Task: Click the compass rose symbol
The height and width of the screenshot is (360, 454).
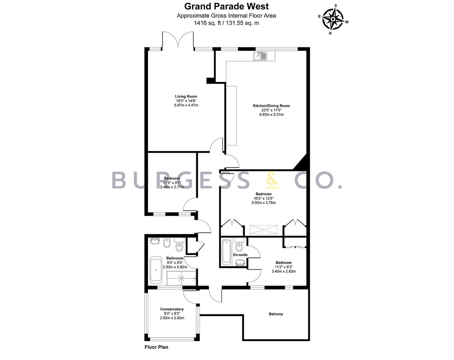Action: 333,19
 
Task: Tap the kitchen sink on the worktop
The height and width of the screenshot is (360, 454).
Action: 260,56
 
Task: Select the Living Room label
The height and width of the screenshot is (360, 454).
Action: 186,96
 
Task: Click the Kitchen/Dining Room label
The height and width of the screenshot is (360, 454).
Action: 271,106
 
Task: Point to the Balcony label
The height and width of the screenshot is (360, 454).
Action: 276,314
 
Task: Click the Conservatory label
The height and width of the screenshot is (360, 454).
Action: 172,309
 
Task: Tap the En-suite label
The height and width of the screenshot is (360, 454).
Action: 240,255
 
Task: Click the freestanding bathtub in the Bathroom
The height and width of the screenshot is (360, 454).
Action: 156,270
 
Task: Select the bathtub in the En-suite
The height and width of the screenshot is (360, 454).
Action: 227,252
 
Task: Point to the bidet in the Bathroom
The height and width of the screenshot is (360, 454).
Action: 167,243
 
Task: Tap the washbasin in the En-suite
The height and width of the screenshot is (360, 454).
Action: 240,262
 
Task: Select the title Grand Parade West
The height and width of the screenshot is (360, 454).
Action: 227,6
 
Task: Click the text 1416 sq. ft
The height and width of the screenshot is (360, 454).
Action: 208,23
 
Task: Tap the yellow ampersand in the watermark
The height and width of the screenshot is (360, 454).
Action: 272,180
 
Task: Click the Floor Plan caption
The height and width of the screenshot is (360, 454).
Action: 156,347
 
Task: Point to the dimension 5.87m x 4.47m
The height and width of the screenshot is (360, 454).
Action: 186,105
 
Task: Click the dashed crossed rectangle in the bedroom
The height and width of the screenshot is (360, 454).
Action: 263,230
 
